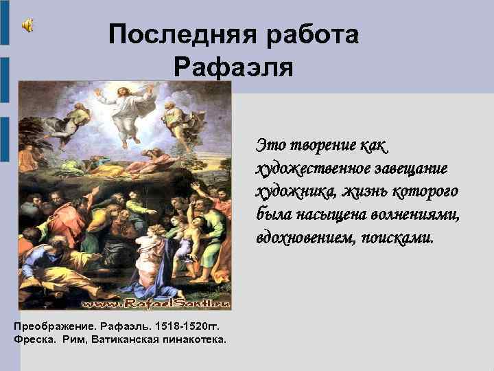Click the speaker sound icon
(27, 25)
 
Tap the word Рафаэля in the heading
(233, 67)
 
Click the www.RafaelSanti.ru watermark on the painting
(156, 303)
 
